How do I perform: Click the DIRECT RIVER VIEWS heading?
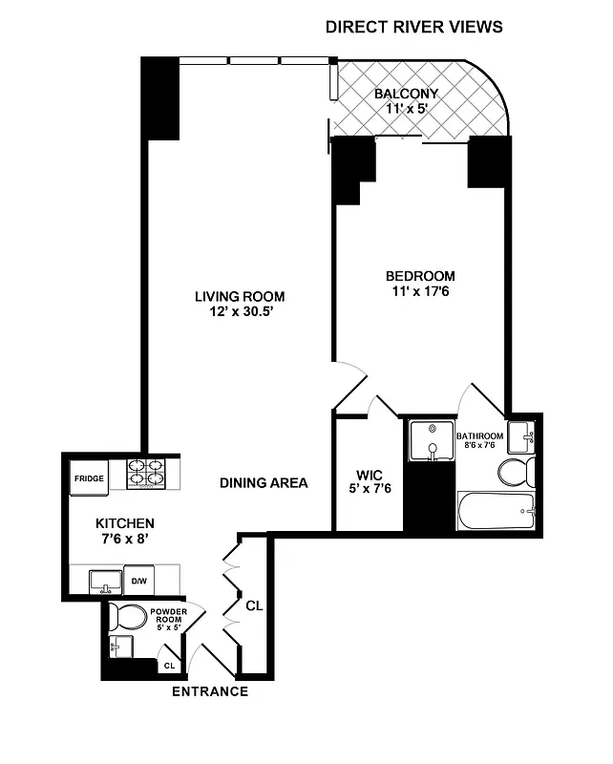point(413,27)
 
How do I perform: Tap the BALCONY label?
point(406,94)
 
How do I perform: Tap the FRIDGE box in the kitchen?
point(89,478)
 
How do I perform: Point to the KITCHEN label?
point(124,523)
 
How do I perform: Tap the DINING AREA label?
point(264,483)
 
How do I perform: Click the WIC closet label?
point(369,475)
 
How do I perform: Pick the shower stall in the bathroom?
point(432,440)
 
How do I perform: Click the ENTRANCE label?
point(209,691)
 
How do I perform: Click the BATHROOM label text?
point(479,435)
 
